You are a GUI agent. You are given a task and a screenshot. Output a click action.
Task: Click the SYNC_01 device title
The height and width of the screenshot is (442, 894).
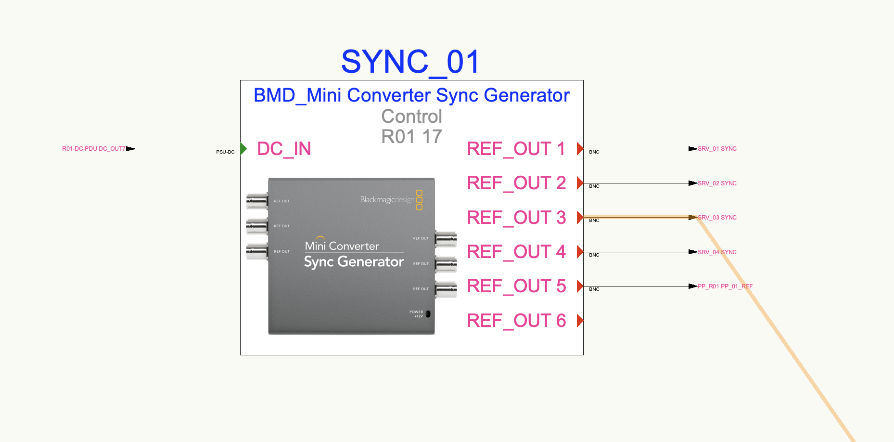[410, 62]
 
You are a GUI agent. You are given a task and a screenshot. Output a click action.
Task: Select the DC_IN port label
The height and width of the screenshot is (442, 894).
[284, 149]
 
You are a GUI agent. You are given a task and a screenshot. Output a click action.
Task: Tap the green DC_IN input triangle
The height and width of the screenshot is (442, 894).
[243, 149]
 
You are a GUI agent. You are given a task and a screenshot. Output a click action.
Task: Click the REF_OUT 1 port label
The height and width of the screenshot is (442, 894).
[516, 149]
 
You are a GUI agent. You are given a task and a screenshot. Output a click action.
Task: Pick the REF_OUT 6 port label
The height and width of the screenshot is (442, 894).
[516, 321]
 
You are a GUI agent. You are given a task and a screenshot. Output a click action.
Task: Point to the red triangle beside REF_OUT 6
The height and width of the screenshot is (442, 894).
[580, 321]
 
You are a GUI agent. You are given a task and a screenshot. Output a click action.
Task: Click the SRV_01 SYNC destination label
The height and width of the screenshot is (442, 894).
[717, 149]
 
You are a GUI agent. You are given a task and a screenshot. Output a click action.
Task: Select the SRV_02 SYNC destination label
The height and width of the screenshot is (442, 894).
[717, 183]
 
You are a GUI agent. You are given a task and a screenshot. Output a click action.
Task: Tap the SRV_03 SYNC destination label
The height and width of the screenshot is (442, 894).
[717, 218]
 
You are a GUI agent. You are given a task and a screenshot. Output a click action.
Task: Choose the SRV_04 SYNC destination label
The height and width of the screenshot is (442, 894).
[717, 252]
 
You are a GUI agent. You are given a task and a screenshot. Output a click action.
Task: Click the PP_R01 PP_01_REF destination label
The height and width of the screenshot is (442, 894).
[725, 286]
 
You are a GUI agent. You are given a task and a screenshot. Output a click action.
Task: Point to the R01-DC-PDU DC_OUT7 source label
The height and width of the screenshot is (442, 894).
[93, 149]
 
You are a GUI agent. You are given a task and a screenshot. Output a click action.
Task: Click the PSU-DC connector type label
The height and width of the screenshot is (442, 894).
[225, 152]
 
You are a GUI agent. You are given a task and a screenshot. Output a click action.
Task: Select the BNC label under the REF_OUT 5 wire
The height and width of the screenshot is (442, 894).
[594, 289]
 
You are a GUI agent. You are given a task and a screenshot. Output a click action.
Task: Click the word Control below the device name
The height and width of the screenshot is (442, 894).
[411, 117]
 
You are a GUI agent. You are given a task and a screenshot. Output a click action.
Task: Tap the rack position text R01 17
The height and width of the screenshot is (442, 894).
[411, 137]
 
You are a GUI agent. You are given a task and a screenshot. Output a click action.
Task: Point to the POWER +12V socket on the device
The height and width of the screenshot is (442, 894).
[428, 314]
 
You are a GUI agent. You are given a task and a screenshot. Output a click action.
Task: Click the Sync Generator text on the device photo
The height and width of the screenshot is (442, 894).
[354, 262]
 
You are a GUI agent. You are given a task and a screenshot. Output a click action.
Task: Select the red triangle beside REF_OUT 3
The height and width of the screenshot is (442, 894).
[580, 218]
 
